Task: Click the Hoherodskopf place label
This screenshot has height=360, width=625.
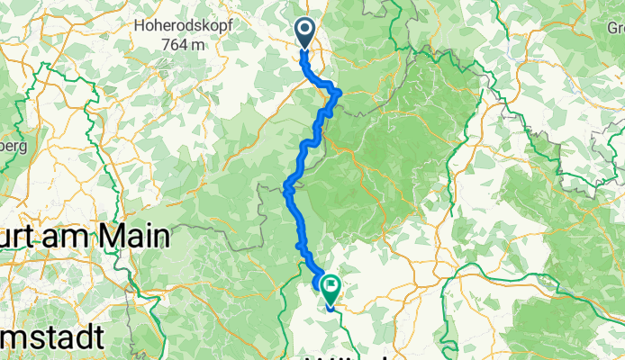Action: [184, 26]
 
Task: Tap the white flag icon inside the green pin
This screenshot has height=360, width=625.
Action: [331, 287]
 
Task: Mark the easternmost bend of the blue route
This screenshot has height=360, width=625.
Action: [340, 92]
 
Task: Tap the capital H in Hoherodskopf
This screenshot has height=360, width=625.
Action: [139, 26]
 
